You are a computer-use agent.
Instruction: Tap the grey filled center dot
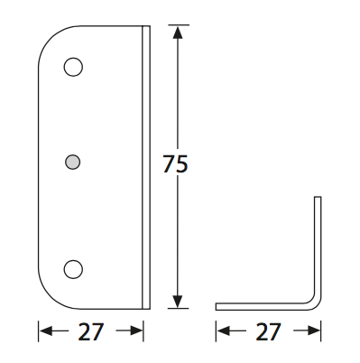click(x=72, y=162)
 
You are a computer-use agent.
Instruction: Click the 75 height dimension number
click(x=175, y=163)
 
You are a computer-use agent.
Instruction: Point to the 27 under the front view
click(x=91, y=331)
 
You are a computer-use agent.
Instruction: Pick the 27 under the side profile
click(x=268, y=331)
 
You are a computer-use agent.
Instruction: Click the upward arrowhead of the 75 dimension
click(x=178, y=33)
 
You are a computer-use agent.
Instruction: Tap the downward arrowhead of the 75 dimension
click(x=178, y=302)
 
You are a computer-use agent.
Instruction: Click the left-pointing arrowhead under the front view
click(x=46, y=331)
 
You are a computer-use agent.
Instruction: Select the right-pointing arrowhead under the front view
click(x=136, y=331)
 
